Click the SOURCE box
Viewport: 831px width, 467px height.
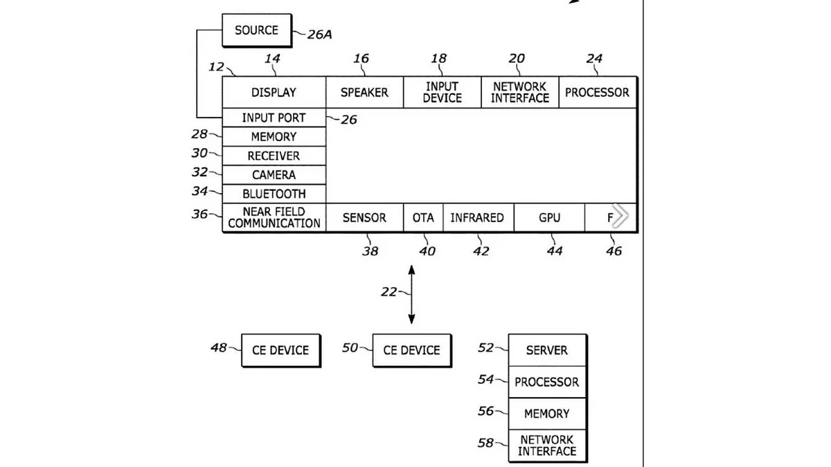tap(256, 30)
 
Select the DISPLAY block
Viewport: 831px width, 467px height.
tap(274, 92)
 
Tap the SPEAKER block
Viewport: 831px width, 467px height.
tap(364, 92)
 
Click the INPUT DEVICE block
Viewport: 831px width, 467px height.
tap(443, 92)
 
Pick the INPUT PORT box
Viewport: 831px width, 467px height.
tap(274, 118)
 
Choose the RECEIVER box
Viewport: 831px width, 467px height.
tap(274, 156)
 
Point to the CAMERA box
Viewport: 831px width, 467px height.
tap(274, 175)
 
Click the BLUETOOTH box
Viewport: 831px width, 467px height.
tap(274, 194)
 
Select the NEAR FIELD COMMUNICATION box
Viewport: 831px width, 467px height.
tap(274, 217)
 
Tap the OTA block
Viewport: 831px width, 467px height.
tap(423, 217)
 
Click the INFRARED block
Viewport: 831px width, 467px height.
tap(477, 217)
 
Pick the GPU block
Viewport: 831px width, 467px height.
tap(550, 217)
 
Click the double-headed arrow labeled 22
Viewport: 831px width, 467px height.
tap(412, 294)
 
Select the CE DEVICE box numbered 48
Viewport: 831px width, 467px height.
tap(280, 350)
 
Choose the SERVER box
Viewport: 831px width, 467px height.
tap(547, 350)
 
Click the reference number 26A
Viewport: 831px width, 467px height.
tap(319, 33)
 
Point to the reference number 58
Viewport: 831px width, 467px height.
tap(485, 442)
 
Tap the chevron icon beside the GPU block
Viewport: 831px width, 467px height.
tap(620, 217)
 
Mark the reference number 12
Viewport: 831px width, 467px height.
tap(216, 66)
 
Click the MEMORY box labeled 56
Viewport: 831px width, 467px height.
tap(547, 413)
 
